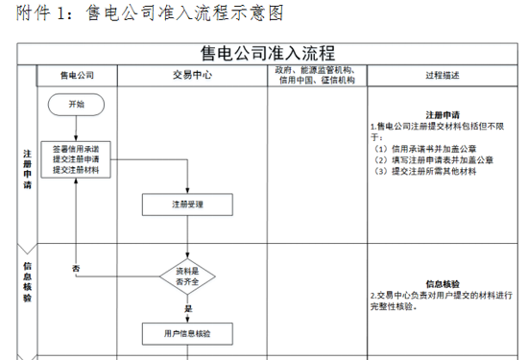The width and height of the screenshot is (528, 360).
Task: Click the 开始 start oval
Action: (x=76, y=105)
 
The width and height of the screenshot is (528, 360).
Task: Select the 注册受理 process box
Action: (x=187, y=204)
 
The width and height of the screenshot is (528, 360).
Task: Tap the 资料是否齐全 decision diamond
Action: (x=187, y=276)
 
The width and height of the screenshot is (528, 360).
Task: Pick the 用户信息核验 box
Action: (x=187, y=334)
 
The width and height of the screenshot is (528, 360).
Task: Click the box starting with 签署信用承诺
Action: (x=76, y=159)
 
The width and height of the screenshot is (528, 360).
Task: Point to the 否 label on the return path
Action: (x=76, y=269)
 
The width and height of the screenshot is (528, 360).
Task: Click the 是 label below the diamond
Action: (x=188, y=308)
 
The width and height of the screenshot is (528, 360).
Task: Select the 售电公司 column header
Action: (x=77, y=76)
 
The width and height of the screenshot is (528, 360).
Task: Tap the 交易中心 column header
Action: (x=192, y=75)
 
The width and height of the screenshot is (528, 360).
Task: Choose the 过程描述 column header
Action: (x=443, y=76)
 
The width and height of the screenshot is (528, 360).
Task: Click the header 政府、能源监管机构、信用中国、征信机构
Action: (x=317, y=75)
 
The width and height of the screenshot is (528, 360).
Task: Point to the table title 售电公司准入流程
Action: (x=268, y=53)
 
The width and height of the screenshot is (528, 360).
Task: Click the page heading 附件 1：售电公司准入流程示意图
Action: (x=150, y=12)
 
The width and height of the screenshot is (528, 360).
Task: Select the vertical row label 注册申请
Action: (x=27, y=169)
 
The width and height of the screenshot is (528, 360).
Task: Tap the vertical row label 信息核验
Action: (x=27, y=282)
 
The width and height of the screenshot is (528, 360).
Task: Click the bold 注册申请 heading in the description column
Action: (x=443, y=115)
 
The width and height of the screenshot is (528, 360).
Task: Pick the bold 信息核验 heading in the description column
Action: (x=443, y=284)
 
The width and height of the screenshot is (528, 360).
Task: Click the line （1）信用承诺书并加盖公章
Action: (x=424, y=149)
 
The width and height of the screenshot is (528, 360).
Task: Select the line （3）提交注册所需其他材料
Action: (x=424, y=172)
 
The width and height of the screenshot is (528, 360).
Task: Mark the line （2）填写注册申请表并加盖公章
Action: (x=433, y=160)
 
